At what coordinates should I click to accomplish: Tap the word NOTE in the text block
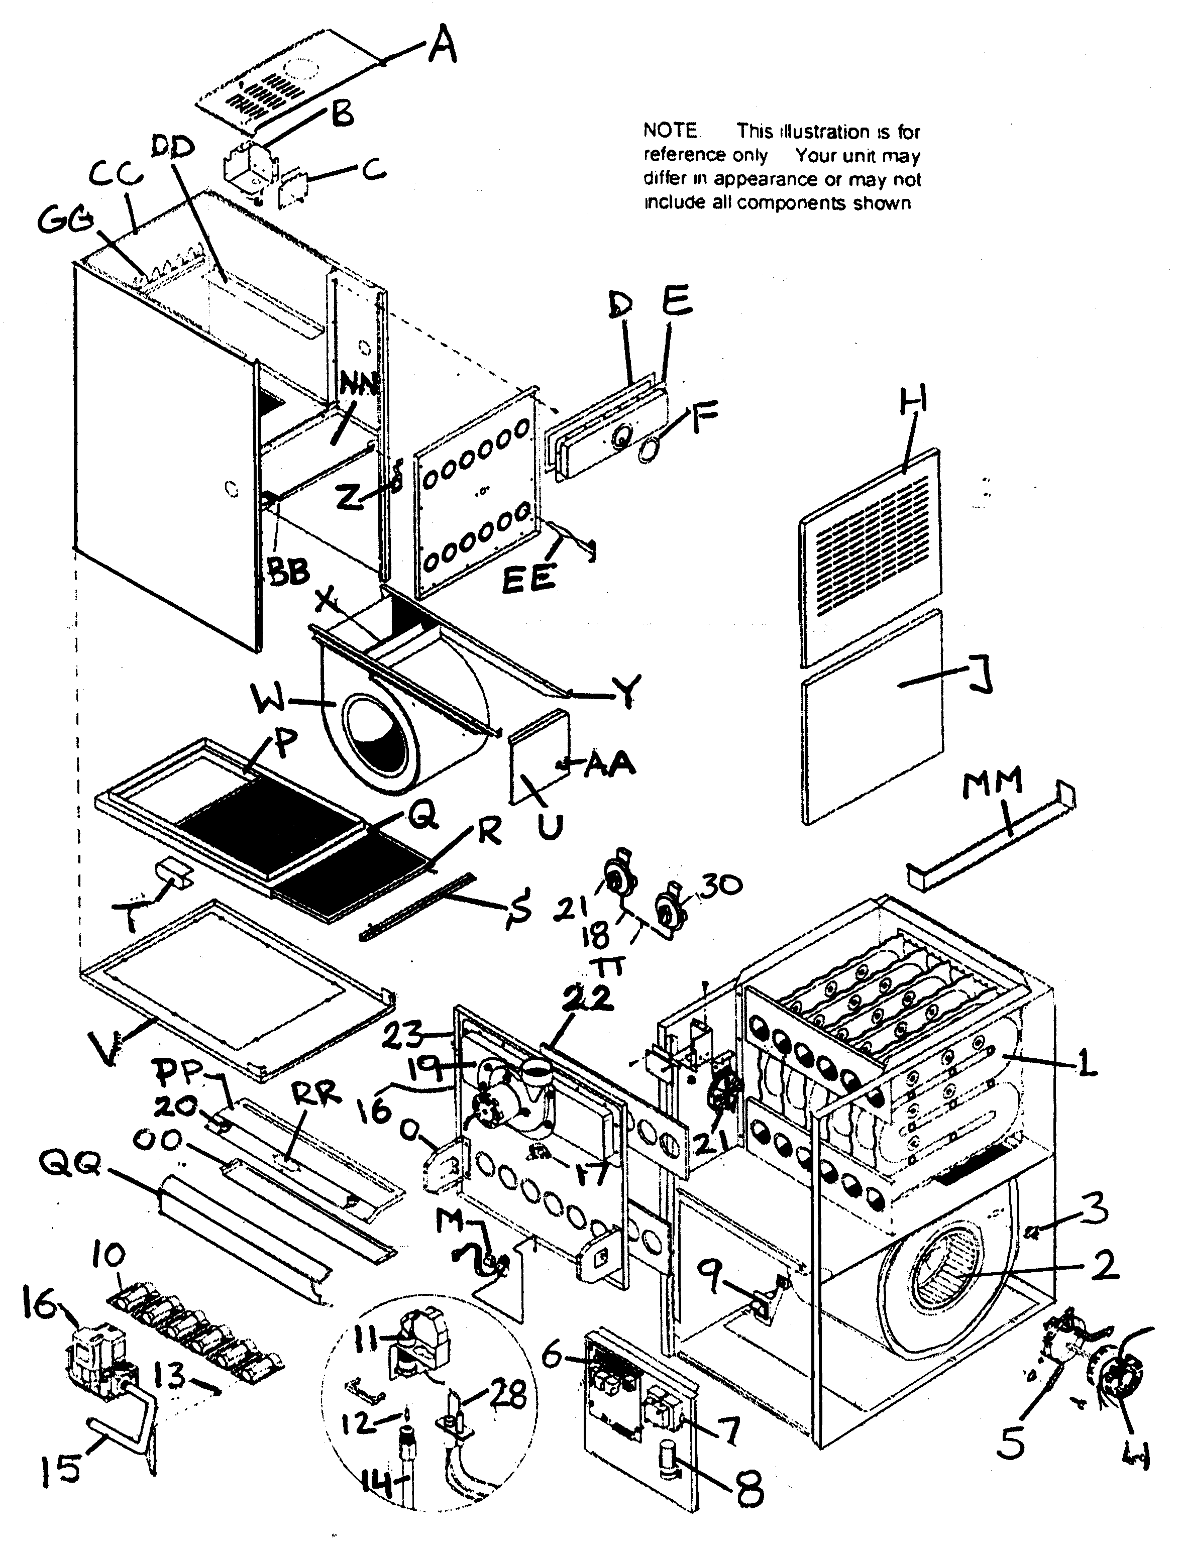671,131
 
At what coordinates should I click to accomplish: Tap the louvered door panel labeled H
871,554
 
